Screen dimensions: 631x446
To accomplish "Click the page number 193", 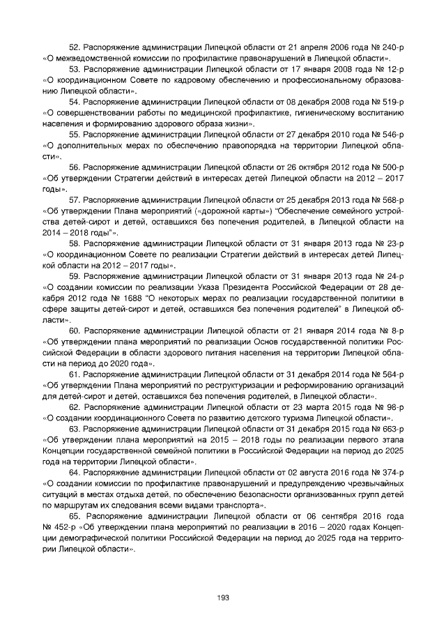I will coord(223,598).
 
